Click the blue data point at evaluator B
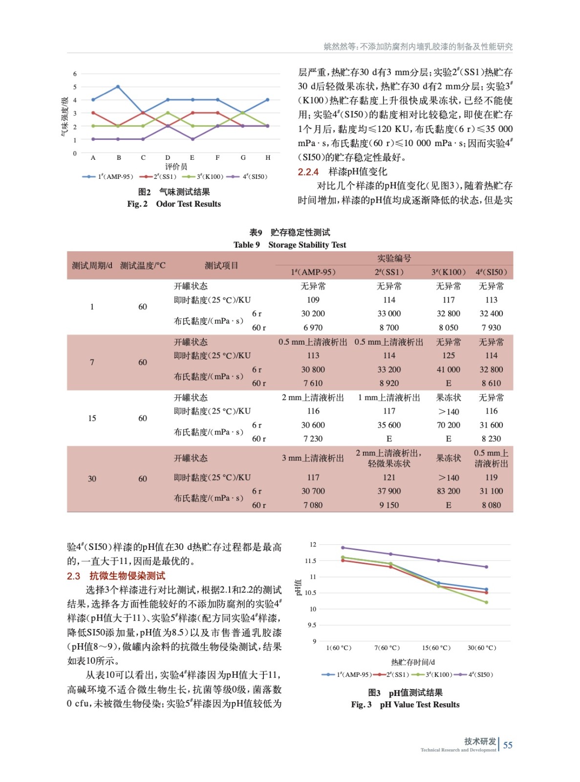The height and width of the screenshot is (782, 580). click(118, 87)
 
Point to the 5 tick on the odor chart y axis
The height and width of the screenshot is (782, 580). click(75, 87)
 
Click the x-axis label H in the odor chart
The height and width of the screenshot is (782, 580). click(268, 158)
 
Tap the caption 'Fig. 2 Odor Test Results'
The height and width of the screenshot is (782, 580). click(174, 204)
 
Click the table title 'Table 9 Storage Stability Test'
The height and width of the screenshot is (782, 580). click(289, 244)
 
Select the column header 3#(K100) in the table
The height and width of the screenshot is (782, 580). click(448, 272)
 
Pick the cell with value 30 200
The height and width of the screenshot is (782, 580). click(313, 313)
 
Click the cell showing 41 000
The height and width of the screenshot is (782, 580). click(448, 369)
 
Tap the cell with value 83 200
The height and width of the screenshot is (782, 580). click(448, 491)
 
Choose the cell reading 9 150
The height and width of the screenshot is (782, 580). click(389, 505)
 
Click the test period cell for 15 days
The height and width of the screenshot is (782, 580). click(92, 418)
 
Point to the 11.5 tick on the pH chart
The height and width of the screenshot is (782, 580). click(310, 561)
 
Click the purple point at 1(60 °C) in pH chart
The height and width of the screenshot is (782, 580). click(343, 547)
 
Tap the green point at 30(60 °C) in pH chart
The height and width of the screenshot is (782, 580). click(486, 602)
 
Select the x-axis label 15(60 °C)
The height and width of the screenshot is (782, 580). click(436, 648)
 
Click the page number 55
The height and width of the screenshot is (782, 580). click(508, 745)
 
